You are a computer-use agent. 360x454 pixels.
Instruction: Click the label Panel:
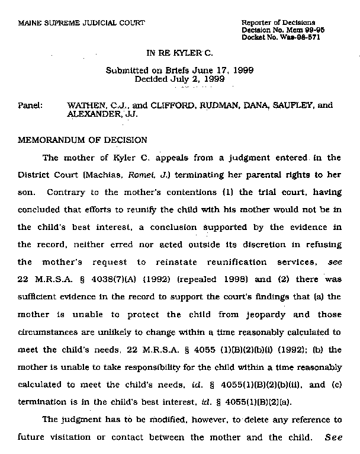(30, 105)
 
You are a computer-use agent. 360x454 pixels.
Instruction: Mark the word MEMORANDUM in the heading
(48, 140)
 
